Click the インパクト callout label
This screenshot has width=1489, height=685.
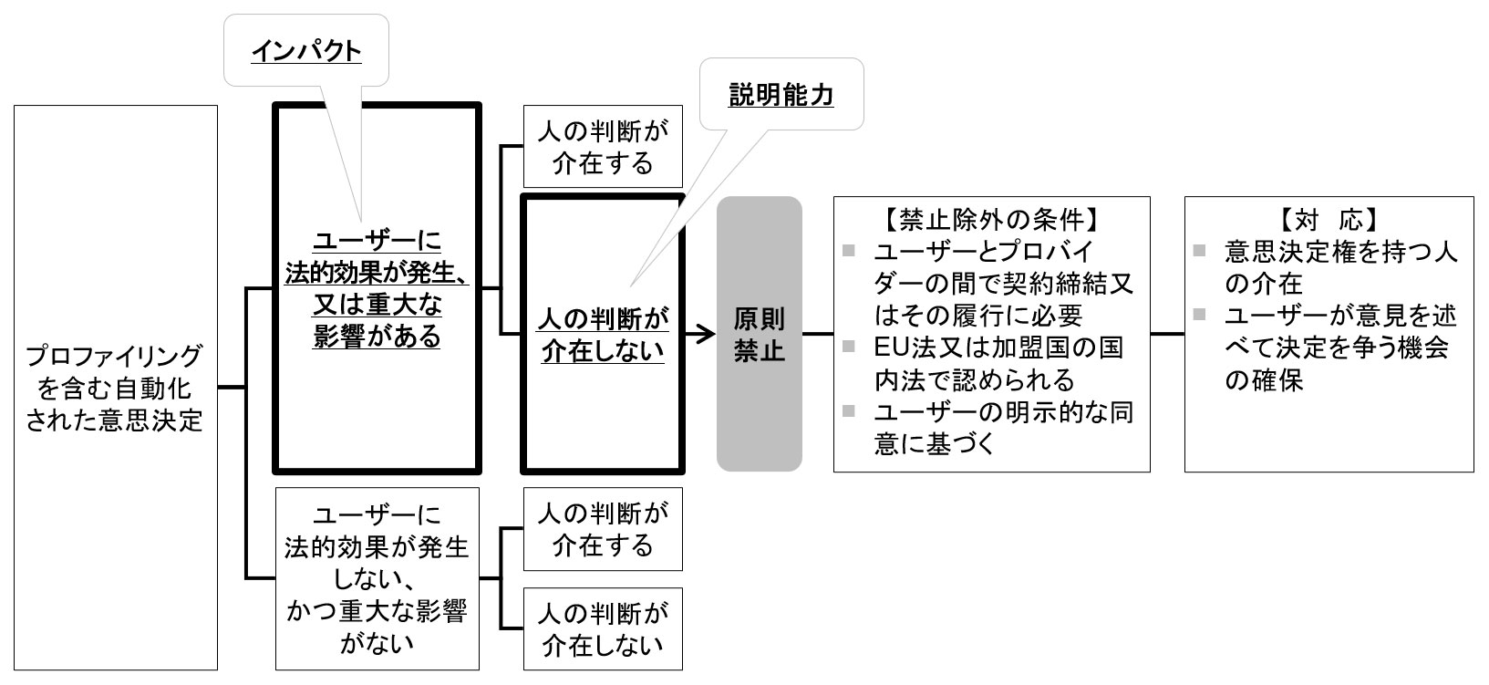pos(306,51)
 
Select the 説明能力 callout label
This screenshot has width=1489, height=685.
pos(781,95)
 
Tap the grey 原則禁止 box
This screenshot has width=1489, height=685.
pos(760,334)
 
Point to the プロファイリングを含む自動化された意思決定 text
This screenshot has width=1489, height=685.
pos(114,389)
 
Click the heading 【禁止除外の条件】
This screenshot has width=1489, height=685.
pos(992,220)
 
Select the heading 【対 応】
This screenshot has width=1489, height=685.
pos(1329,220)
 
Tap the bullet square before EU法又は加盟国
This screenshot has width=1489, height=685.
pos(849,347)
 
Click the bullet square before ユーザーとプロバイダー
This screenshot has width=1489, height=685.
pos(849,251)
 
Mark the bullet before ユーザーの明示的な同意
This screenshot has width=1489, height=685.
pos(849,411)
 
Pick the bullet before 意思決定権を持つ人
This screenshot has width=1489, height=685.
pos(1200,251)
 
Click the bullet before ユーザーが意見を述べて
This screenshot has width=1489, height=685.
pos(1200,315)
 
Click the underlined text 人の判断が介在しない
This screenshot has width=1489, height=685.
pos(603,335)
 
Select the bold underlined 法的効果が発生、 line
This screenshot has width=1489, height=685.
pos(377,273)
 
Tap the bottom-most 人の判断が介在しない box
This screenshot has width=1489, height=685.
pos(603,628)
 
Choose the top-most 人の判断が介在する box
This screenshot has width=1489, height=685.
pos(603,146)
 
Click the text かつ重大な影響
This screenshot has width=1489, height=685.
pos(377,610)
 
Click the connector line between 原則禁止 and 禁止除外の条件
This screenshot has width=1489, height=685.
pos(818,334)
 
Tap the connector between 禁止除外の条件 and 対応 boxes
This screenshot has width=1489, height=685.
pos(1167,334)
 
